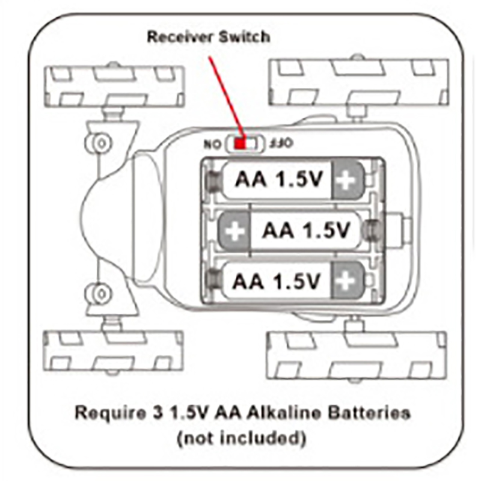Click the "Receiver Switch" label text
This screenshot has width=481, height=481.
pyautogui.click(x=209, y=37)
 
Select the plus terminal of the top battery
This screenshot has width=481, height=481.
pyautogui.click(x=347, y=179)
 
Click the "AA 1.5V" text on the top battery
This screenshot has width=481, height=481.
pyautogui.click(x=278, y=179)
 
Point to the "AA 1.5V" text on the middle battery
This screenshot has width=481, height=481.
pyautogui.click(x=305, y=230)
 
